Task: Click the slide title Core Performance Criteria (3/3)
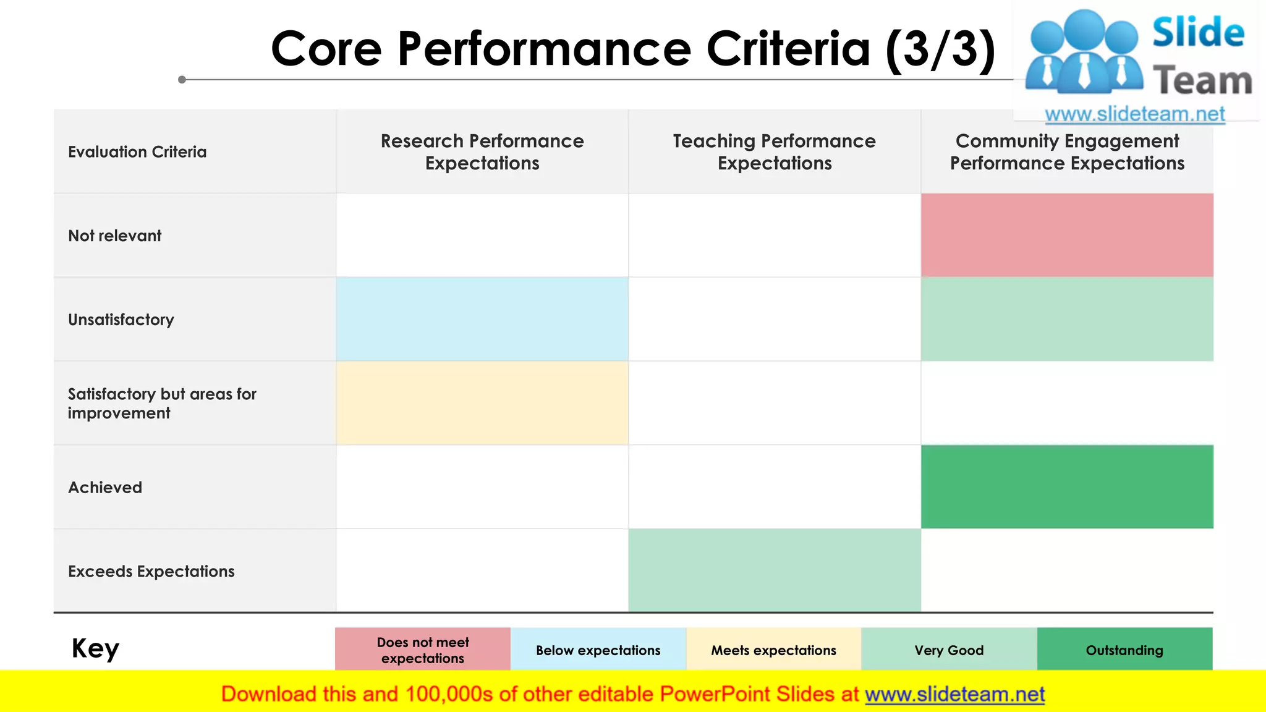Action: [633, 49]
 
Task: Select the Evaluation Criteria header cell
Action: [137, 152]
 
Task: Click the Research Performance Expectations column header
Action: [482, 152]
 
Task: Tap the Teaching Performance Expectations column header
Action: [774, 152]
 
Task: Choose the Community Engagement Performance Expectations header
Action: [1067, 152]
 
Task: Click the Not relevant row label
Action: [115, 236]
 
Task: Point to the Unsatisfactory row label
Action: [121, 320]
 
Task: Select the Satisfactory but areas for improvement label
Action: [162, 404]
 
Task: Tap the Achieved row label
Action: [105, 488]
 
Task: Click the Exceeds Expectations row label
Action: [151, 572]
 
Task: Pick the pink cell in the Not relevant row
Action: [1067, 235]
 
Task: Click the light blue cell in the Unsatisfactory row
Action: [482, 320]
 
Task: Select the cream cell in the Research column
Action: [482, 403]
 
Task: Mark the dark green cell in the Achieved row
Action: [1067, 487]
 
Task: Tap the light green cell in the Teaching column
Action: [774, 570]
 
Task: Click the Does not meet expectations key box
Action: [423, 650]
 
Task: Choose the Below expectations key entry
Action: [598, 650]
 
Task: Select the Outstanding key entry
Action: [1124, 650]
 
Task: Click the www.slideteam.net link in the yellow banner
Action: [954, 695]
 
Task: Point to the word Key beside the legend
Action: [95, 649]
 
